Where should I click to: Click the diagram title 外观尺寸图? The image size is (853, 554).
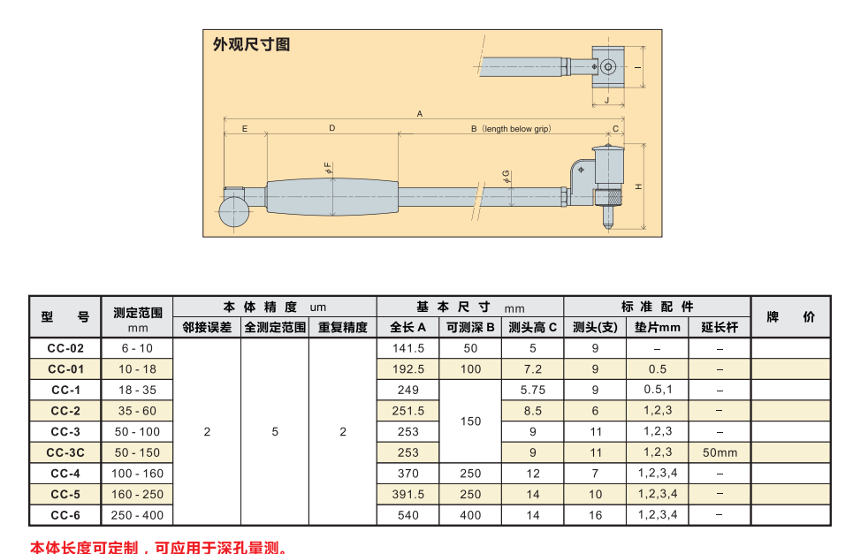click(251, 44)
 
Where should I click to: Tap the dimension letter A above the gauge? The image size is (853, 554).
click(419, 114)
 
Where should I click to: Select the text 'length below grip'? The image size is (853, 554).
click(516, 129)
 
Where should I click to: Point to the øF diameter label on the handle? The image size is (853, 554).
click(327, 168)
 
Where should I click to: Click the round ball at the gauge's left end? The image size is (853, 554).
click(234, 211)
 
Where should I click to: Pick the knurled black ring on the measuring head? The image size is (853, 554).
click(609, 196)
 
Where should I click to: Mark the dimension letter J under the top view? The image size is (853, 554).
click(607, 100)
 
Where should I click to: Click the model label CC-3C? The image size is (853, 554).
click(65, 452)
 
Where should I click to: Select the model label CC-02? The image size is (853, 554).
click(65, 348)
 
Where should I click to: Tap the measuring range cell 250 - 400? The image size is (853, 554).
click(137, 515)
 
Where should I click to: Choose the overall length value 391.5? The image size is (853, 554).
click(408, 494)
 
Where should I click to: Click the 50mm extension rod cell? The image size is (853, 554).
click(720, 452)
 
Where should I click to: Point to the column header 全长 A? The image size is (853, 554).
click(408, 327)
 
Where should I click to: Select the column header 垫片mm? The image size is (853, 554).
click(657, 327)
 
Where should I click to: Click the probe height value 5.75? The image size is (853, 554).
click(533, 390)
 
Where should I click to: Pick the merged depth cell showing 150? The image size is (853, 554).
click(470, 421)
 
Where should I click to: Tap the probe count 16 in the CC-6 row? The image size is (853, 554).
click(595, 515)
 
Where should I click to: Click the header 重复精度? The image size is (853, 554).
click(343, 327)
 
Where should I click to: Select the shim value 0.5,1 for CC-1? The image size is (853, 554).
click(658, 390)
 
